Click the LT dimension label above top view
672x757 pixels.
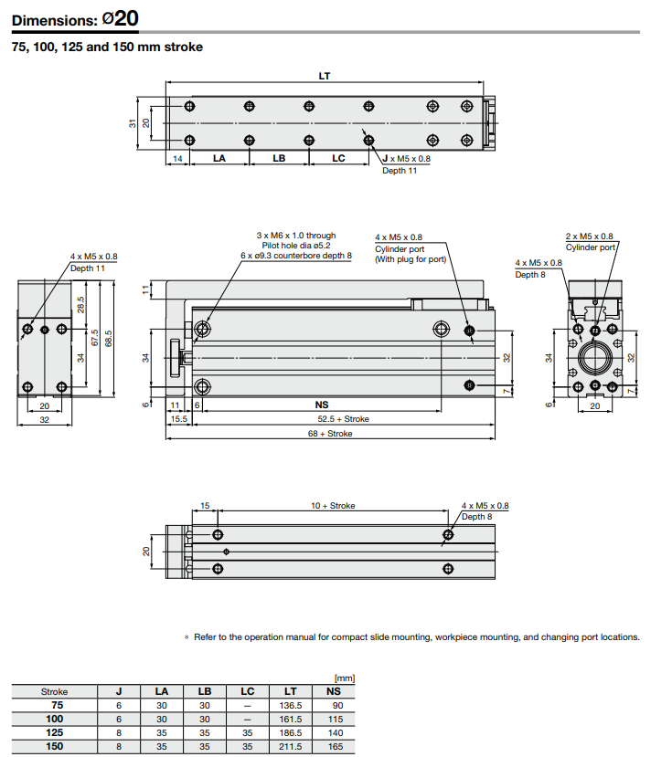pos(325,76)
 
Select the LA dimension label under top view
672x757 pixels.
pos(219,159)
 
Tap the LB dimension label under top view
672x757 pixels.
pos(279,159)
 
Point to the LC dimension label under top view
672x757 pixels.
pos(338,159)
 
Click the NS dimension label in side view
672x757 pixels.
pos(321,405)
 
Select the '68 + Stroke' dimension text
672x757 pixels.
pos(330,434)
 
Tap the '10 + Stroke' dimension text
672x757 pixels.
pos(333,505)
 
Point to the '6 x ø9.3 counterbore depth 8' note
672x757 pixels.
pos(295,256)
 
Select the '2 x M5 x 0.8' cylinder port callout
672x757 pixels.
pos(589,236)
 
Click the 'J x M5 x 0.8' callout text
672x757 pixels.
pos(405,159)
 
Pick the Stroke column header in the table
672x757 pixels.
pos(55,691)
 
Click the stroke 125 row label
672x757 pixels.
pos(55,732)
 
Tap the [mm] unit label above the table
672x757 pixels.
pos(345,678)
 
